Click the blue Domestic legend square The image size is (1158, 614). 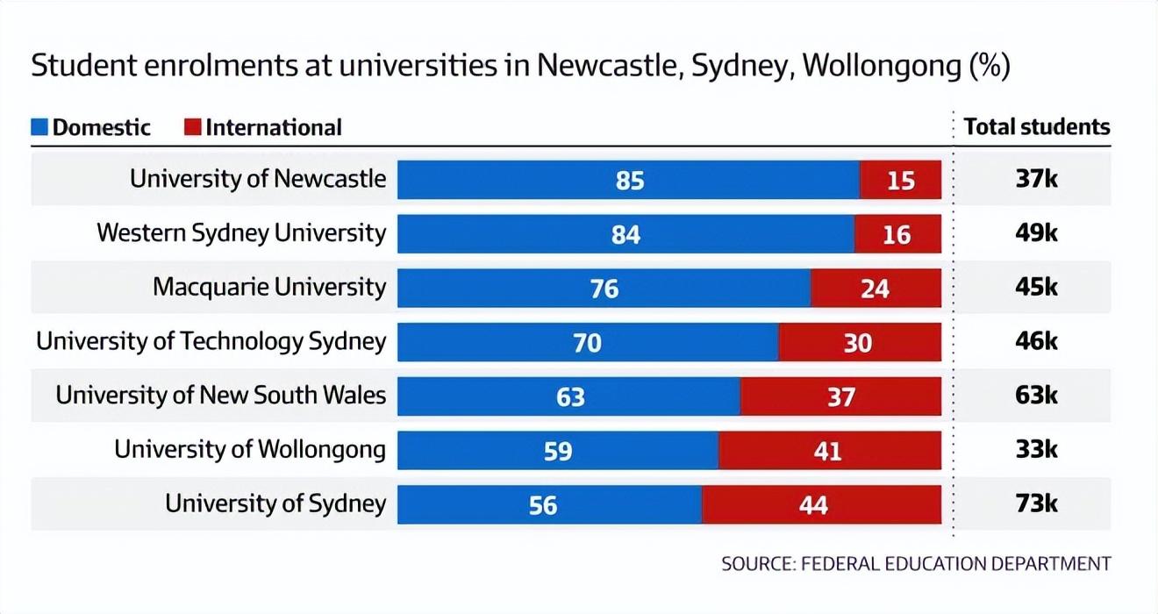pyautogui.click(x=39, y=127)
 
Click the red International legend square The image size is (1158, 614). pyautogui.click(x=192, y=127)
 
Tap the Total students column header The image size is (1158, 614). pyautogui.click(x=1036, y=127)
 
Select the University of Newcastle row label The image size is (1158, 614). pyautogui.click(x=258, y=179)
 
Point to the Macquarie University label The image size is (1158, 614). pyautogui.click(x=269, y=287)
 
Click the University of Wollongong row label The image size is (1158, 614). pyautogui.click(x=250, y=450)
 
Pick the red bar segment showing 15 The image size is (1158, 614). pyautogui.click(x=901, y=180)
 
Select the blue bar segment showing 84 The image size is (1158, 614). pyautogui.click(x=625, y=234)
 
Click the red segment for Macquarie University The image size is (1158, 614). pyautogui.click(x=876, y=288)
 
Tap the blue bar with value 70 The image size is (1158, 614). pyautogui.click(x=587, y=342)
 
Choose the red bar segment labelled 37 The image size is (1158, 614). pyautogui.click(x=840, y=396)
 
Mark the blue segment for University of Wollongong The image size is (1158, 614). pyautogui.click(x=558, y=451)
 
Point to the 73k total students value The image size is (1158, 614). pyautogui.click(x=1036, y=504)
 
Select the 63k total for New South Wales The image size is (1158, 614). pyautogui.click(x=1036, y=396)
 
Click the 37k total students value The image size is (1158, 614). pyautogui.click(x=1036, y=179)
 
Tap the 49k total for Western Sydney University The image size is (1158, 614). pyautogui.click(x=1036, y=233)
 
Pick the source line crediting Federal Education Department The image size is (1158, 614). pyautogui.click(x=916, y=563)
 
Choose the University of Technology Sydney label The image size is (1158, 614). pyautogui.click(x=211, y=341)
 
